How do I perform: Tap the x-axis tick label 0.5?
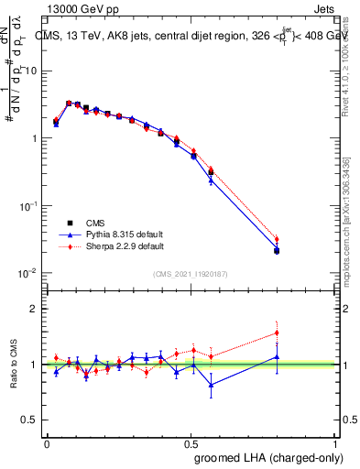click(192, 442)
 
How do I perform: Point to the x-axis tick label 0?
click(47, 442)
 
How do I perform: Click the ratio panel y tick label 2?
click(34, 309)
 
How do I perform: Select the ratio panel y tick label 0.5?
click(29, 420)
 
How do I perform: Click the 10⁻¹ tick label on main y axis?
click(29, 206)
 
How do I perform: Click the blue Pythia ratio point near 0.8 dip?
click(212, 385)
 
